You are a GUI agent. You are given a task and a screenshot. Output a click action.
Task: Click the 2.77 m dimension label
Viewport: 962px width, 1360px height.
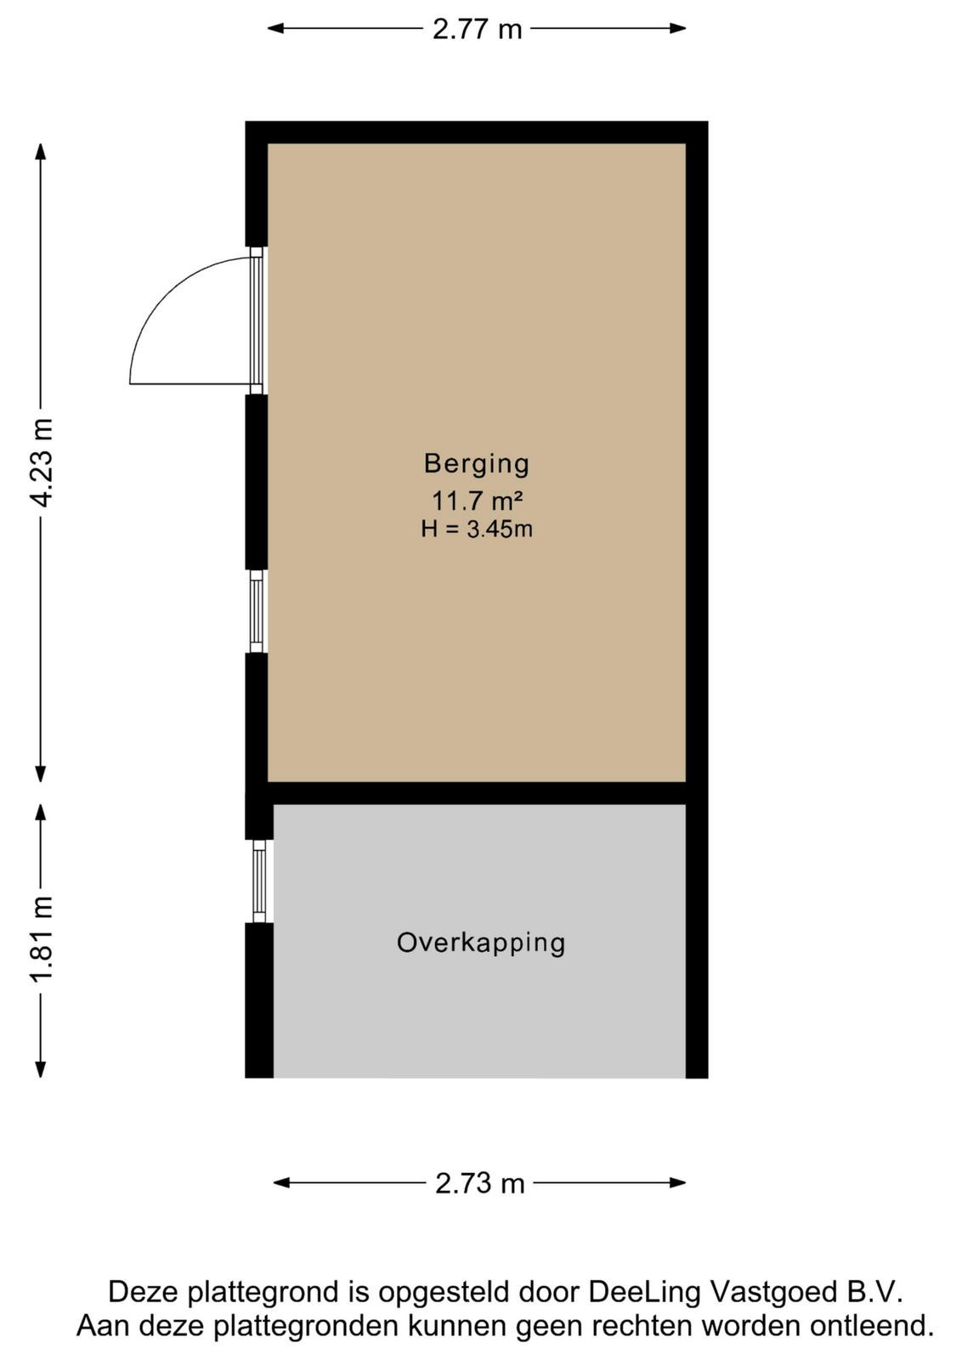pyautogui.click(x=477, y=29)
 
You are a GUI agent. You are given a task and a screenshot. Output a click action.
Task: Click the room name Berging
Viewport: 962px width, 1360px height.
pyautogui.click(x=477, y=463)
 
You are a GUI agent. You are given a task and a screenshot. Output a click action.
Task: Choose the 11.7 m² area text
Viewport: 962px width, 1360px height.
pyautogui.click(x=477, y=501)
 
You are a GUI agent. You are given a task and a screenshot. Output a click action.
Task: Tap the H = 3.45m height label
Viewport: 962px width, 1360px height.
pyautogui.click(x=477, y=530)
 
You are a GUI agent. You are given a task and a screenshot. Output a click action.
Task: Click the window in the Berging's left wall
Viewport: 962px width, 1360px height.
pyautogui.click(x=257, y=611)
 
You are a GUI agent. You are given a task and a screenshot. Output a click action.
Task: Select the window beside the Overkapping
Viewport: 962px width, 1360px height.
pyautogui.click(x=259, y=881)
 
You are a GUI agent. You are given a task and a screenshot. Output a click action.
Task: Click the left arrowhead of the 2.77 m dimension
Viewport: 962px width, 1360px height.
pyautogui.click(x=275, y=28)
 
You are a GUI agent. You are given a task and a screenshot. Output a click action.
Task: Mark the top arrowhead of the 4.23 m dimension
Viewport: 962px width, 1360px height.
pyautogui.click(x=41, y=151)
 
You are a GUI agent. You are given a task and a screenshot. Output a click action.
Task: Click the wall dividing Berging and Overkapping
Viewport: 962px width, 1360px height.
pyautogui.click(x=477, y=793)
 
